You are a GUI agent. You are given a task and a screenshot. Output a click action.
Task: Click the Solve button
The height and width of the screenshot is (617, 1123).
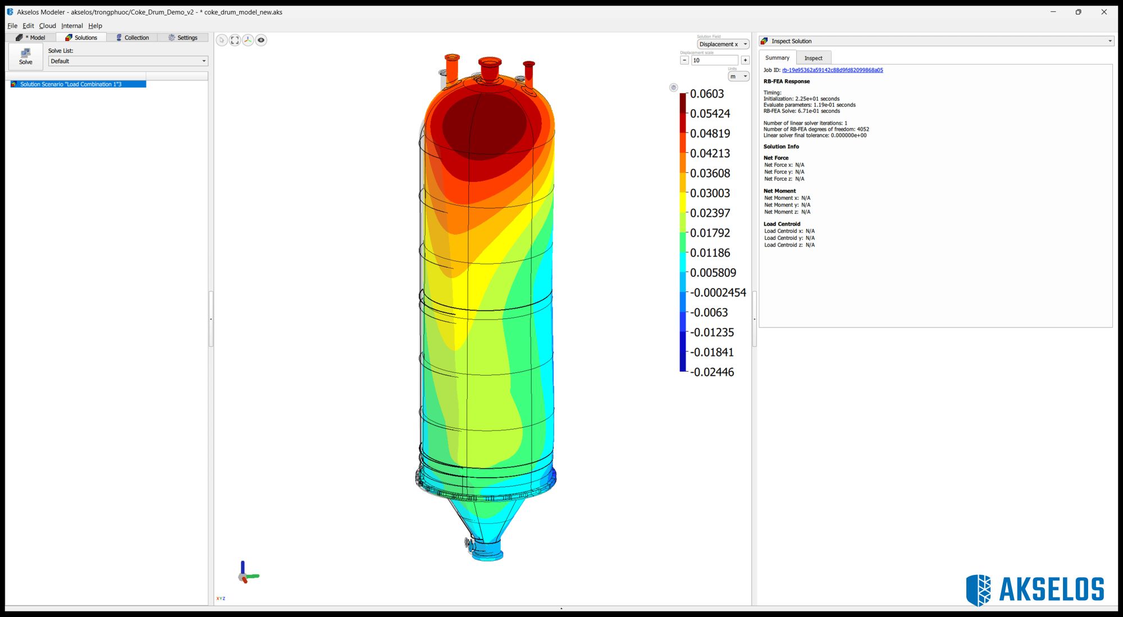click(x=25, y=56)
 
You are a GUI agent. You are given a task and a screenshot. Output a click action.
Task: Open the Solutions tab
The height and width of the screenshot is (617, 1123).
click(x=81, y=38)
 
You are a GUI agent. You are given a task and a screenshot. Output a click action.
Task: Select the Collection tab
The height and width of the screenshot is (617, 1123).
click(x=133, y=38)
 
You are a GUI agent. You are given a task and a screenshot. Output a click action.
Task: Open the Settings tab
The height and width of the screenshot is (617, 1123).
click(x=183, y=38)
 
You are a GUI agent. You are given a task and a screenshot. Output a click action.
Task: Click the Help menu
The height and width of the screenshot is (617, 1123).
click(x=95, y=26)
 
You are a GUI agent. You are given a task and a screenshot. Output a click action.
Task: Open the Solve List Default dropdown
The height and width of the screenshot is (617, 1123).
click(x=128, y=61)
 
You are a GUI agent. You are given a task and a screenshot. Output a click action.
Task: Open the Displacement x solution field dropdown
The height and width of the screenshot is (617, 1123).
click(x=723, y=44)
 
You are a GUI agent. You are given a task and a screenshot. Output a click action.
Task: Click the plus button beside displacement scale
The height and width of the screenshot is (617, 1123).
click(x=745, y=60)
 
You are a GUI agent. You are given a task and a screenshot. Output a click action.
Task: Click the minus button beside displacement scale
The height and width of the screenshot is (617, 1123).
click(x=684, y=60)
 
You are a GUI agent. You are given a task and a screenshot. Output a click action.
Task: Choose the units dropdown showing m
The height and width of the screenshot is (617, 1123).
click(x=738, y=76)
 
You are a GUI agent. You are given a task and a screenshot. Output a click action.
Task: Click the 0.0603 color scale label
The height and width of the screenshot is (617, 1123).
click(x=706, y=94)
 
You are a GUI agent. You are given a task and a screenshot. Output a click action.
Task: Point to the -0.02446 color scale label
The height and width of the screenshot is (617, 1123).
click(x=711, y=372)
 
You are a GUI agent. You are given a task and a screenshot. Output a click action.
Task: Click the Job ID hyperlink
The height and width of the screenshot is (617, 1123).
click(x=832, y=70)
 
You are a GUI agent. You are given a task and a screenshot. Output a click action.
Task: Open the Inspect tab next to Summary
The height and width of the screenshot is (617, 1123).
click(x=812, y=58)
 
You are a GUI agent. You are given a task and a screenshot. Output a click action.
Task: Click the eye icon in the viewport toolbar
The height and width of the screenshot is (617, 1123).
click(x=261, y=40)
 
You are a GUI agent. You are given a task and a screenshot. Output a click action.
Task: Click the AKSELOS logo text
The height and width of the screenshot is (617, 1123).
click(x=1051, y=589)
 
